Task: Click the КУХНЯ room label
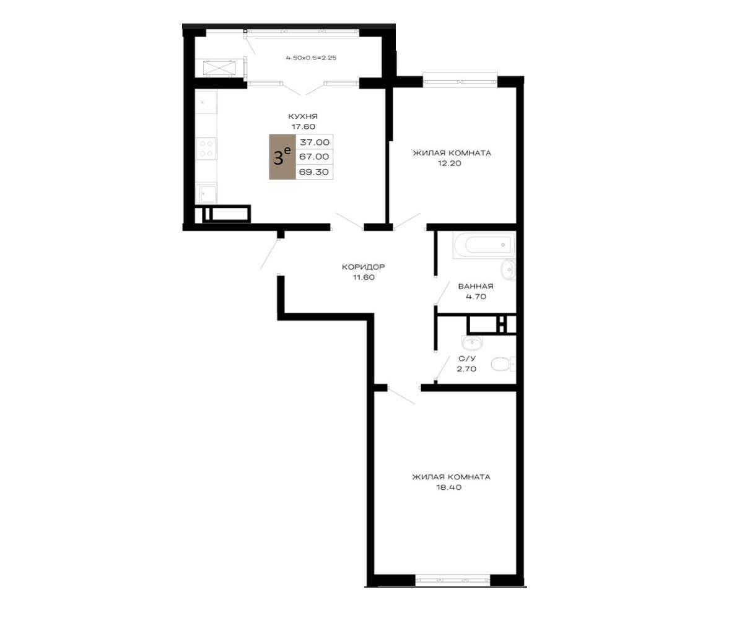(302, 116)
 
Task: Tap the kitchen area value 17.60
(304, 126)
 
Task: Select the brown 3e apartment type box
(282, 157)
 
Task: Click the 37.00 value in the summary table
(315, 142)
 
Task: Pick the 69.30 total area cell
(313, 172)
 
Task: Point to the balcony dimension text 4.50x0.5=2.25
(311, 58)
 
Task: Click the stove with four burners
(206, 148)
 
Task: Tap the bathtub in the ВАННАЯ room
(484, 245)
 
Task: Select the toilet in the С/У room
(503, 364)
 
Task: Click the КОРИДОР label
(364, 267)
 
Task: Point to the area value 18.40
(449, 487)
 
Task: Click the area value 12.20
(450, 163)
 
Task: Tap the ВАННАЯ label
(476, 287)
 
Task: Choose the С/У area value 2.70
(466, 369)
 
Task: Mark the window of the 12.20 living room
(460, 80)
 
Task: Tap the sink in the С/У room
(472, 343)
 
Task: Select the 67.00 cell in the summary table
(314, 157)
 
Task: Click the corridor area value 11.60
(364, 277)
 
